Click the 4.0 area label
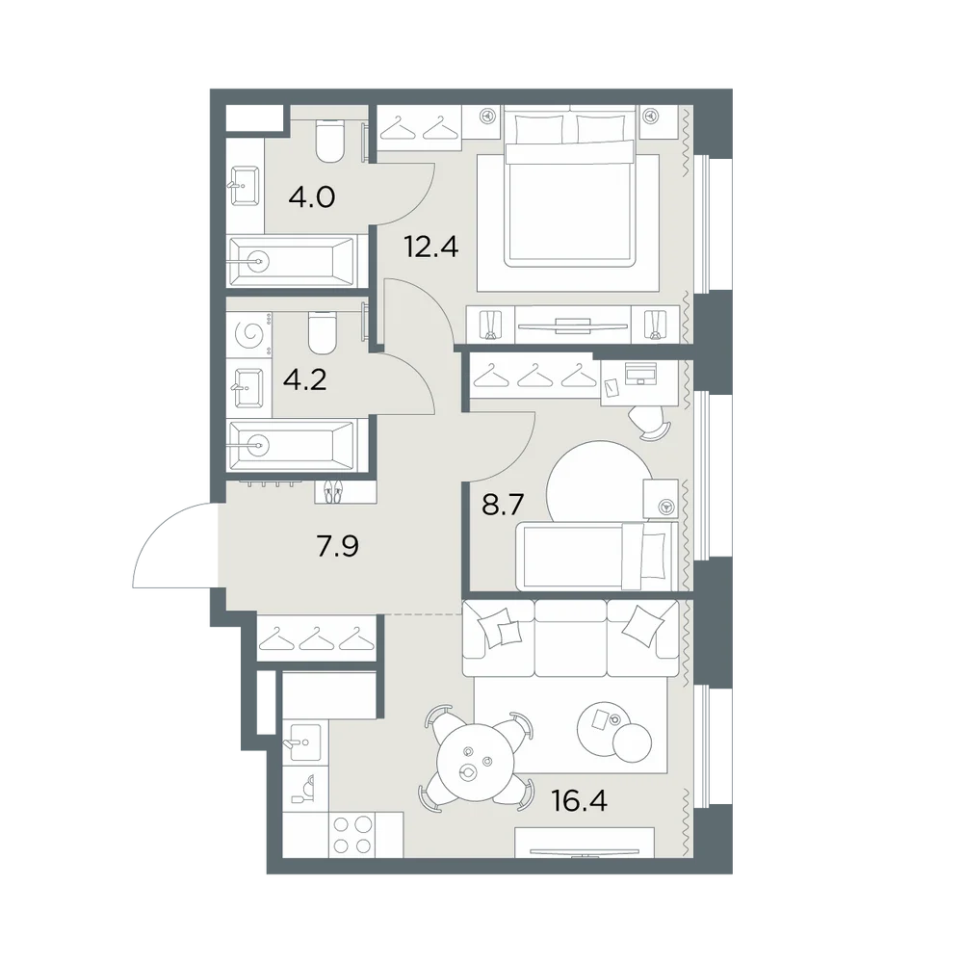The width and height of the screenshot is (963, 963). (312, 197)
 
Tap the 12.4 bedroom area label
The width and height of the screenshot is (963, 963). (431, 247)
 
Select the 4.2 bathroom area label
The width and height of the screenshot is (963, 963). (304, 380)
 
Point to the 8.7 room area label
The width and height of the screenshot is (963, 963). (503, 505)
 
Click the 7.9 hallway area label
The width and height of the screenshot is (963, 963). (338, 545)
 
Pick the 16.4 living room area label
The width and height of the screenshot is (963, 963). (579, 801)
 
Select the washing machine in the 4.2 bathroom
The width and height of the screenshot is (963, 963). (249, 334)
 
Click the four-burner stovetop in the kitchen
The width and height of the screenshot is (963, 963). (353, 835)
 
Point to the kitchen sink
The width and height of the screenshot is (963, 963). (305, 742)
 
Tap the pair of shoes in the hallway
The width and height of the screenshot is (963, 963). (332, 492)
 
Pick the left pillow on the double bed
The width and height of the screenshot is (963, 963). (539, 129)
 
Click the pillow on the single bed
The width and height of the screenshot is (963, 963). (654, 556)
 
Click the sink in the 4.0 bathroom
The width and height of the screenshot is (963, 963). (246, 185)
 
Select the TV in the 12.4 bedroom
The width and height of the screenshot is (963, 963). (573, 325)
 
